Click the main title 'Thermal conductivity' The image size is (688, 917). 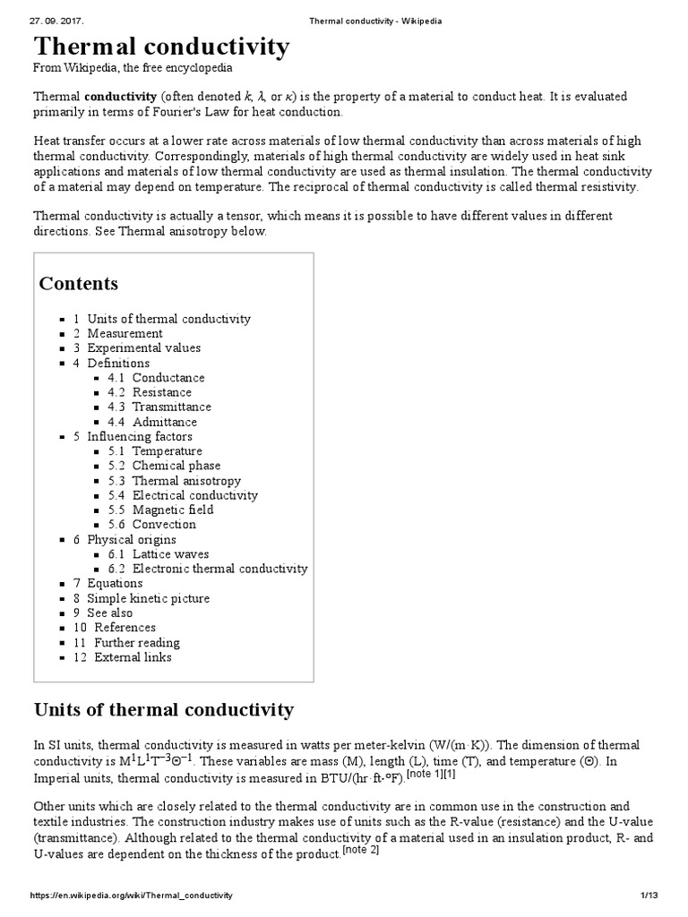click(x=161, y=47)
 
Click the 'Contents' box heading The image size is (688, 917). click(x=79, y=284)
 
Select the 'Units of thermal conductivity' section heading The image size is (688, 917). click(x=163, y=710)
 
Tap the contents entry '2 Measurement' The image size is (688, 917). click(x=125, y=333)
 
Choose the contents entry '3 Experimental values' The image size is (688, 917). click(x=143, y=347)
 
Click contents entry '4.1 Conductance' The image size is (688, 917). click(x=168, y=378)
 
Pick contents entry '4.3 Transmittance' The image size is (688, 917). click(x=171, y=407)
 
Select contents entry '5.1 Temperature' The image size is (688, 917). click(x=167, y=450)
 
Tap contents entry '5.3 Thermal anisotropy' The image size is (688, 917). click(x=186, y=480)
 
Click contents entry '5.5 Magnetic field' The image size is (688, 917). click(x=173, y=510)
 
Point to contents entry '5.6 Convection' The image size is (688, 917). click(x=164, y=524)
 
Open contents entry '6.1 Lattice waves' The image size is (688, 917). click(x=170, y=554)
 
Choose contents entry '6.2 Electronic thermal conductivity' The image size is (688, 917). click(x=219, y=569)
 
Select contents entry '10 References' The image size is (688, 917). click(x=125, y=628)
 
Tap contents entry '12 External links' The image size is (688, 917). click(x=133, y=657)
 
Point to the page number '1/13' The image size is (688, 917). click(x=649, y=896)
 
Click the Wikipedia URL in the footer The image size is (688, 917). click(x=132, y=896)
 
